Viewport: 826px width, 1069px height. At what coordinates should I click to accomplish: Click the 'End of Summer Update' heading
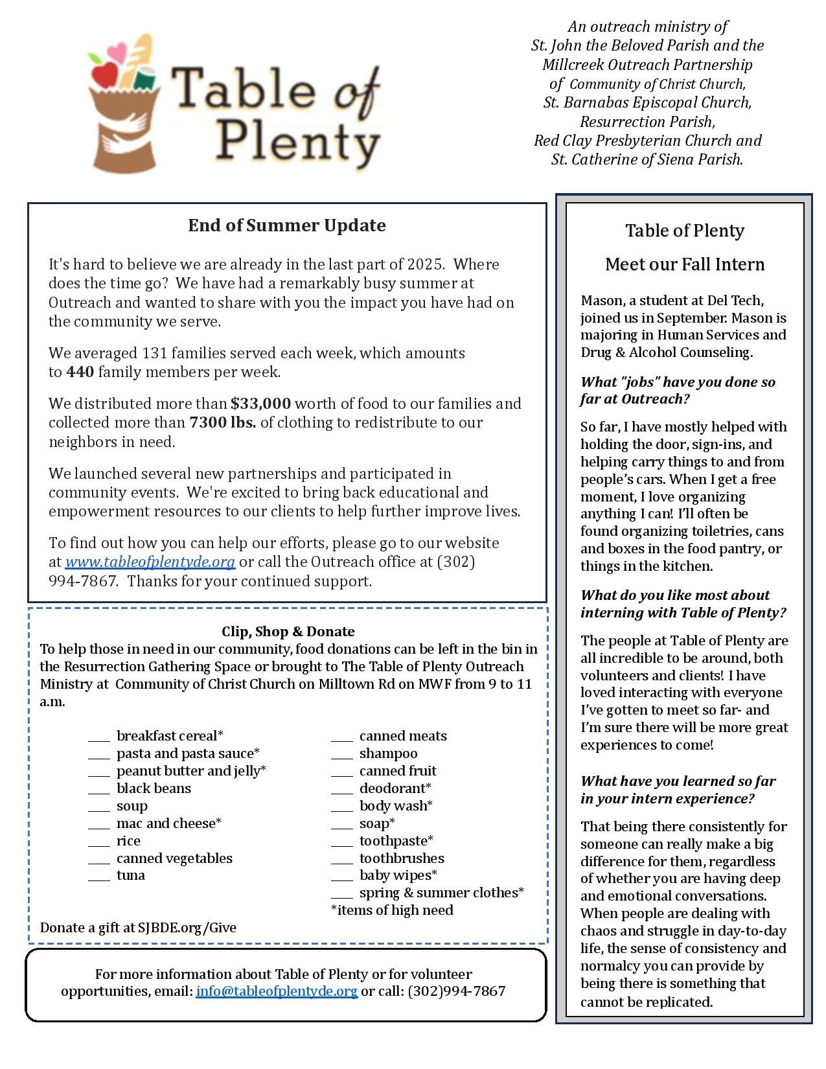[287, 225]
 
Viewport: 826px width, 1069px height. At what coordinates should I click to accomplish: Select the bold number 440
[80, 372]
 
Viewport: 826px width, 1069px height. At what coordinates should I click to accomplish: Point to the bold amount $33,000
[260, 404]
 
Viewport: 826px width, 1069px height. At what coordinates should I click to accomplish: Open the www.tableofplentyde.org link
[150, 562]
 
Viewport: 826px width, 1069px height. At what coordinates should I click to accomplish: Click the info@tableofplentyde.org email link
[277, 991]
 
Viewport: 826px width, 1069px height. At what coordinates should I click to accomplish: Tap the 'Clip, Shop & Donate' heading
[288, 632]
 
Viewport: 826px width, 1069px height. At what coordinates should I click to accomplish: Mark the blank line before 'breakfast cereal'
[99, 737]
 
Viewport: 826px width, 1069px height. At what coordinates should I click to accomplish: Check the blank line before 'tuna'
[99, 877]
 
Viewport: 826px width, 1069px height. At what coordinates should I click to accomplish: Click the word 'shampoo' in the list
[388, 753]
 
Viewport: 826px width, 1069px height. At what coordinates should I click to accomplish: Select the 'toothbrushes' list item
[402, 858]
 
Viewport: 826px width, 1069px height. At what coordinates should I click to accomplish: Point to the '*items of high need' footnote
[392, 910]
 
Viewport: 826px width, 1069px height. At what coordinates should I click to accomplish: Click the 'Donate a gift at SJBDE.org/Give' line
[138, 928]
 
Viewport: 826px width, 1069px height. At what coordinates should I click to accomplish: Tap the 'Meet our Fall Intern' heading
[685, 264]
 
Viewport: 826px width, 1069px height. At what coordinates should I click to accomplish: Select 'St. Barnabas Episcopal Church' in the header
[647, 102]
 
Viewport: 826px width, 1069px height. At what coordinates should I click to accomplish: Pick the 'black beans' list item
[154, 788]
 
